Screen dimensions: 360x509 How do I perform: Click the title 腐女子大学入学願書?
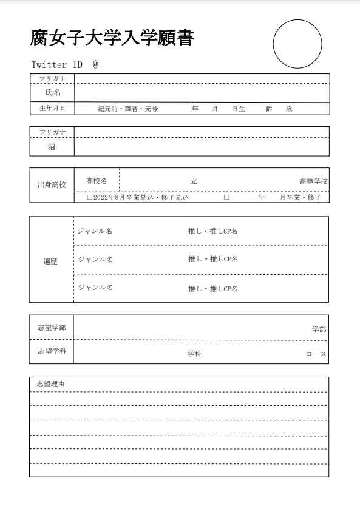tap(112, 38)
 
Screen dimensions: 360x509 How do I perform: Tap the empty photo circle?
tap(297, 44)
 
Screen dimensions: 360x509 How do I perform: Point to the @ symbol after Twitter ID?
tap(95, 64)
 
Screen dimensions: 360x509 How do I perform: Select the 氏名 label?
tap(53, 93)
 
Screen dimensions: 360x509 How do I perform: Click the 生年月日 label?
tap(52, 109)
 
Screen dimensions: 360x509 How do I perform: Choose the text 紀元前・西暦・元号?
tap(128, 109)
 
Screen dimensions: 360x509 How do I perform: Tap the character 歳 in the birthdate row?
tap(289, 109)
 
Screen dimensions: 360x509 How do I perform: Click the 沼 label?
tap(52, 147)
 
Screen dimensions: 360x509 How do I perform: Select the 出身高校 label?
tap(52, 184)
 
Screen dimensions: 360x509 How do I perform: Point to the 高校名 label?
tap(97, 181)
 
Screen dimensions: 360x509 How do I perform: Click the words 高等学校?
tap(313, 181)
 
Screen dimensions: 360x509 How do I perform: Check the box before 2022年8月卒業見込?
tap(89, 198)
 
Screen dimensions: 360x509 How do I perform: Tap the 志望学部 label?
tap(52, 328)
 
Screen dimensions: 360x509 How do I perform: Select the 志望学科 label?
tap(52, 351)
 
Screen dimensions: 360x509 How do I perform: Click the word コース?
tap(316, 354)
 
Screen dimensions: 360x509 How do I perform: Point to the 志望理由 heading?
tap(50, 384)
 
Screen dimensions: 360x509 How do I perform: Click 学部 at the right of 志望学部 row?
tap(319, 329)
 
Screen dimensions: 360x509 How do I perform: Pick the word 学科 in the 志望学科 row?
tap(194, 354)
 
